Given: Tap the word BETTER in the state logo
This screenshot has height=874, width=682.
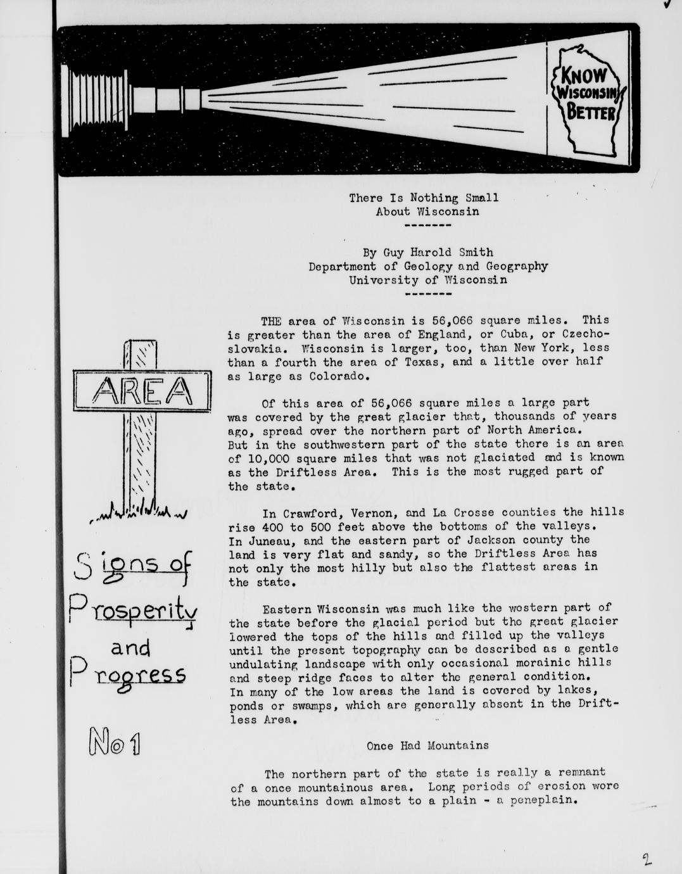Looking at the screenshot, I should [x=591, y=113].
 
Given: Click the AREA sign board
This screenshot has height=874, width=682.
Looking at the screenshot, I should [x=142, y=391].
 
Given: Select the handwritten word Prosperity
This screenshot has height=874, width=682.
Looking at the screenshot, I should [x=133, y=612].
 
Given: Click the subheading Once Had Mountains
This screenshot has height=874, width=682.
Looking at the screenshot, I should [x=427, y=745].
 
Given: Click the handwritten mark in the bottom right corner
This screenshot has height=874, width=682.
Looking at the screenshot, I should [x=647, y=860].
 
